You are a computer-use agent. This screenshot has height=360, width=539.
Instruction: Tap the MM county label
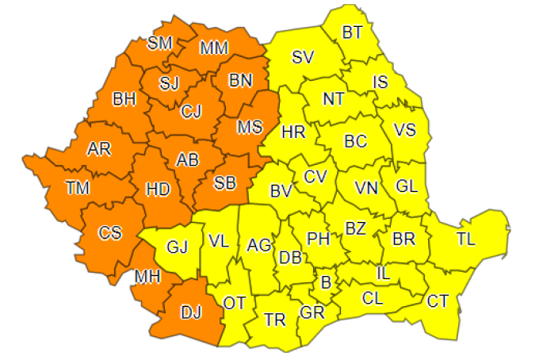tap(214, 48)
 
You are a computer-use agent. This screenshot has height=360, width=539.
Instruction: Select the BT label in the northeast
tap(352, 33)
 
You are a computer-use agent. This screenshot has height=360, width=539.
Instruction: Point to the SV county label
tap(302, 57)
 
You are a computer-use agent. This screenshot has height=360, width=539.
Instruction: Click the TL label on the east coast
tap(466, 239)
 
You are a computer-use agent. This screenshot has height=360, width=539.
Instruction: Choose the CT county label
tap(437, 301)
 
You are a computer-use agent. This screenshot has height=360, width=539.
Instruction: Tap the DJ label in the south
tap(191, 312)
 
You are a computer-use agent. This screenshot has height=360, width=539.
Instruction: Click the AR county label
tap(98, 149)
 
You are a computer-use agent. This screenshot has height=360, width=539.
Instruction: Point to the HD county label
tap(159, 189)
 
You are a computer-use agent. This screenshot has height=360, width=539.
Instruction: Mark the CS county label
tap(109, 233)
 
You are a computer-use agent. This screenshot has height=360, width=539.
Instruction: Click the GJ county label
tap(177, 247)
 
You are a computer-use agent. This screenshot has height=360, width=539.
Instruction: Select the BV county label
tap(281, 190)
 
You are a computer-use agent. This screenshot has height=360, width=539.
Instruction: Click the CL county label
tap(373, 299)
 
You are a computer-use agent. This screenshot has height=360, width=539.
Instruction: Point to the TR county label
tap(274, 320)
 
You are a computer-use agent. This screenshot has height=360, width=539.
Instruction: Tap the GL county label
tap(406, 187)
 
